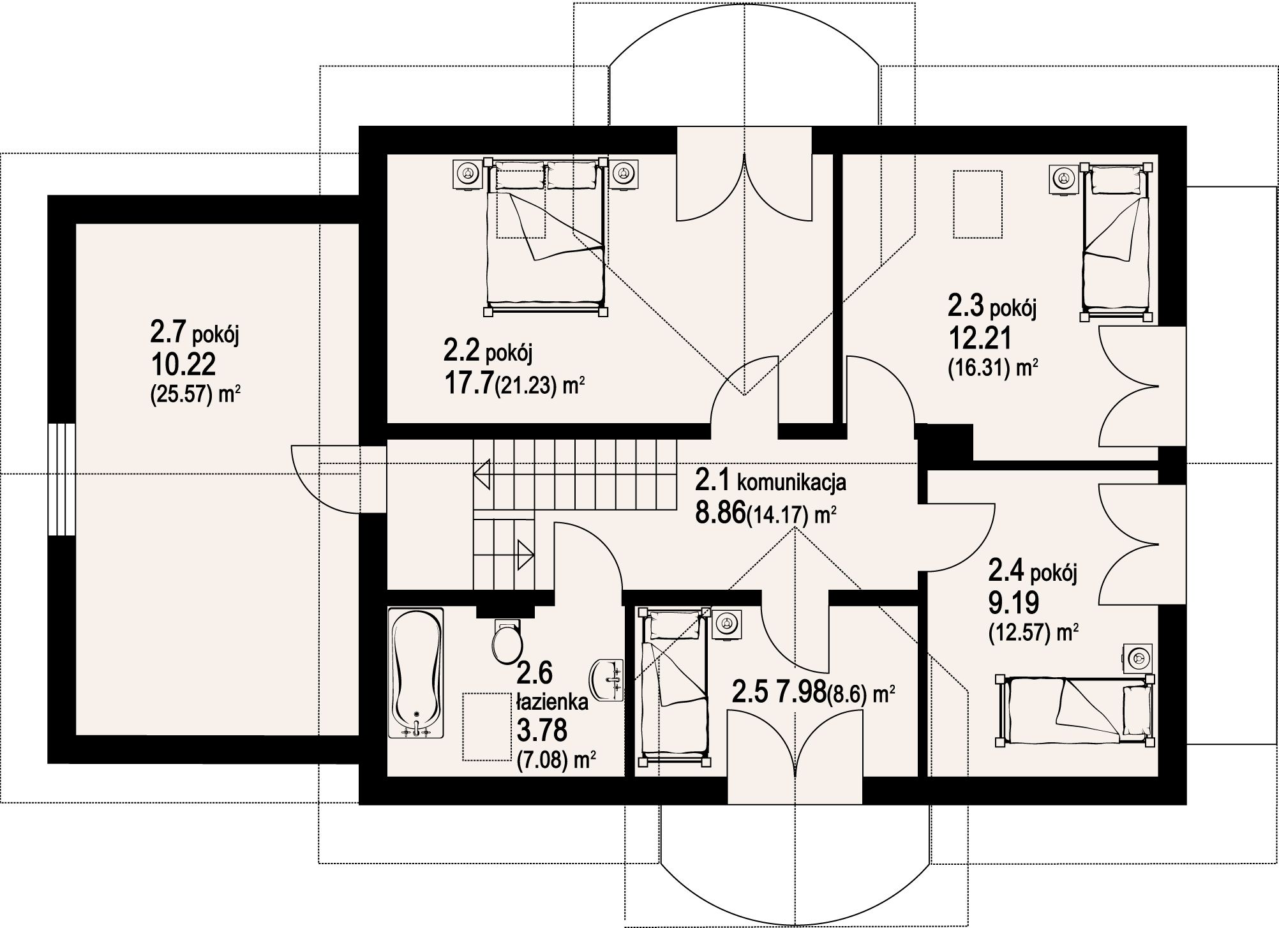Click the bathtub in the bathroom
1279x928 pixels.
click(x=415, y=674)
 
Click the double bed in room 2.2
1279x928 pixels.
click(x=546, y=237)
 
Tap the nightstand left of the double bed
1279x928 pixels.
click(x=469, y=173)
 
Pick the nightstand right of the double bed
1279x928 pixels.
click(x=623, y=173)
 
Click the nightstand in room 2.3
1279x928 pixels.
click(x=1064, y=177)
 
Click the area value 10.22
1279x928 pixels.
click(x=183, y=366)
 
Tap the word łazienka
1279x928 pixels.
click(x=552, y=703)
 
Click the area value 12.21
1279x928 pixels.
click(x=980, y=338)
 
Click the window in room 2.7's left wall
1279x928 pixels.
click(x=62, y=480)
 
